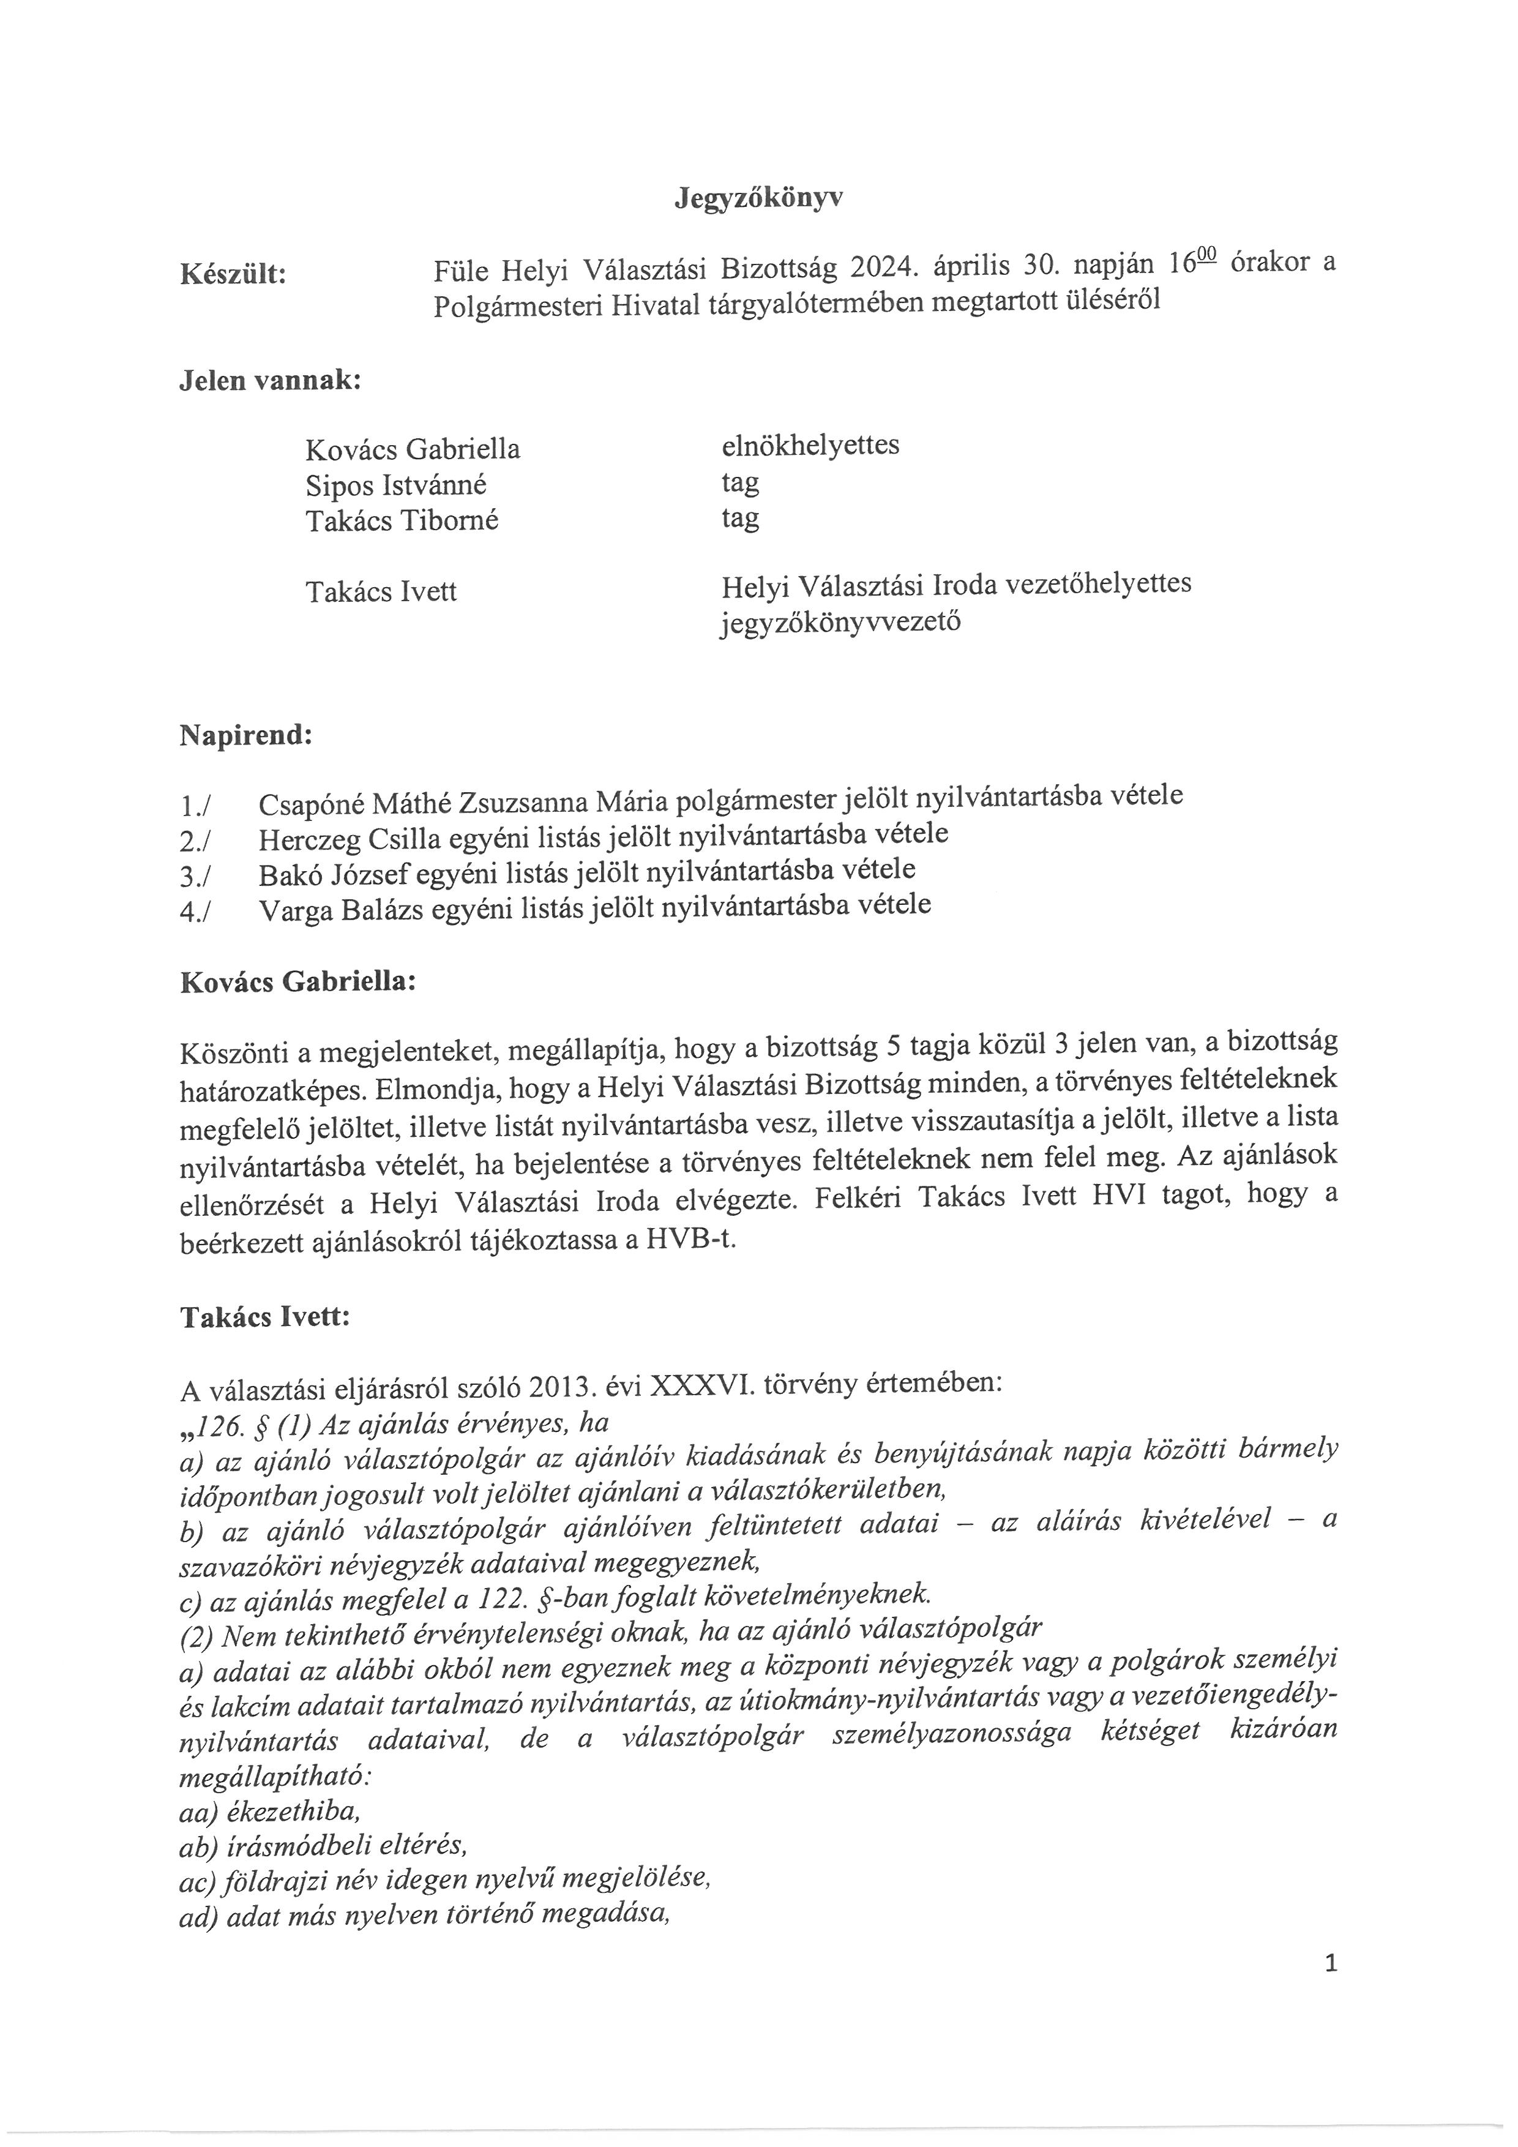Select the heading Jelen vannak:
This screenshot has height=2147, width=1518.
pyautogui.click(x=270, y=381)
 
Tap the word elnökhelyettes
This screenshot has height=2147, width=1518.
pyautogui.click(x=809, y=444)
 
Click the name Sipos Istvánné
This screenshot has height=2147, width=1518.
pyautogui.click(x=395, y=485)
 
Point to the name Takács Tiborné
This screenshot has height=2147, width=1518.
pyautogui.click(x=402, y=520)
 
